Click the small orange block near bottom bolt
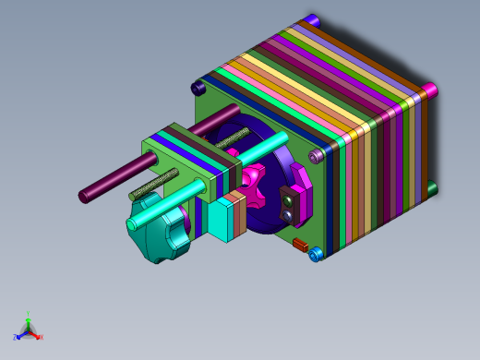click(299, 245)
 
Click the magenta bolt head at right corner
click(430, 90)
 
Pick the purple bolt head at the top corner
click(312, 20)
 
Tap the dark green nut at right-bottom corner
click(431, 188)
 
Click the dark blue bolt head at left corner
click(198, 88)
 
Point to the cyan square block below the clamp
click(220, 222)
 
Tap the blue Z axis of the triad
click(18, 337)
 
